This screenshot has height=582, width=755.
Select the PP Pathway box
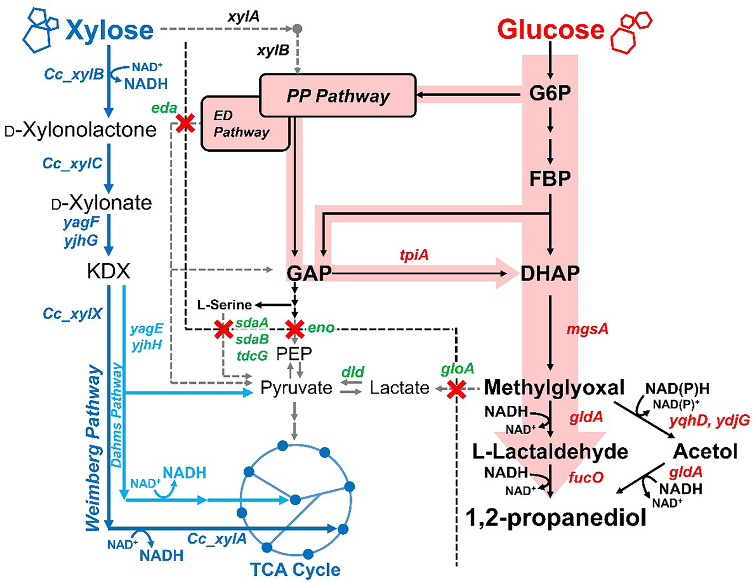(x=338, y=95)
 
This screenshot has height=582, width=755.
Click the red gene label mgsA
(x=587, y=329)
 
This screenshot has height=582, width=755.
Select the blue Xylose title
(x=109, y=30)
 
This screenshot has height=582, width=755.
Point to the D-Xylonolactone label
(x=81, y=130)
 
